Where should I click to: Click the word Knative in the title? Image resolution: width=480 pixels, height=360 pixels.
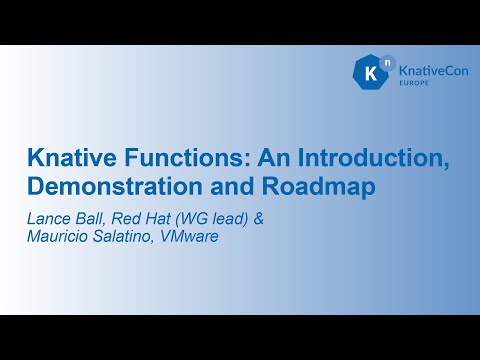[x=67, y=159]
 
